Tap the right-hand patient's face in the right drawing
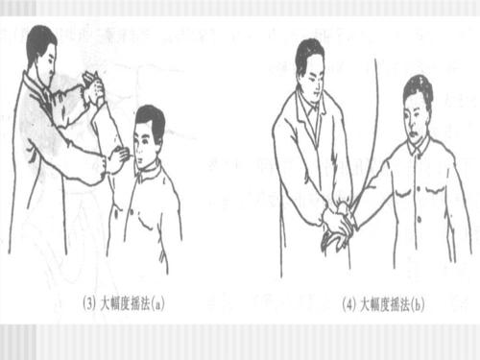click(420, 109)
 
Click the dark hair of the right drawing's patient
click(419, 86)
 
